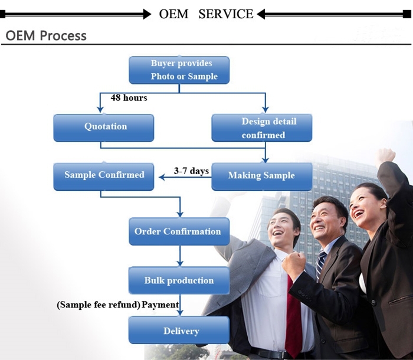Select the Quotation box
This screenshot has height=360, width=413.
pyautogui.click(x=103, y=127)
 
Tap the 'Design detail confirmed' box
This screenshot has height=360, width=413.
pyautogui.click(x=261, y=128)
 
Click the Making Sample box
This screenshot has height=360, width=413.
pyautogui.click(x=261, y=176)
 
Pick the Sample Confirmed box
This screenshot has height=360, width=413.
pyautogui.click(x=103, y=176)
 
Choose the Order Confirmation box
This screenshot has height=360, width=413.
pyautogui.click(x=179, y=231)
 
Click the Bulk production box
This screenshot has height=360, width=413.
pyautogui.click(x=179, y=280)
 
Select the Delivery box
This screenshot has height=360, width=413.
pyautogui.click(x=179, y=330)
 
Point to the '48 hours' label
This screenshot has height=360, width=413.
pyautogui.click(x=129, y=98)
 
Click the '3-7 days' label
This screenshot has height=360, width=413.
pyautogui.click(x=191, y=171)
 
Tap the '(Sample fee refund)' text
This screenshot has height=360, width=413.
pyautogui.click(x=99, y=305)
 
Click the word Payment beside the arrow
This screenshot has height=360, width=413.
pyautogui.click(x=160, y=305)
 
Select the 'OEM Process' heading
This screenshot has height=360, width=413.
pyautogui.click(x=46, y=35)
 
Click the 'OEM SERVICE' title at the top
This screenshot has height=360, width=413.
pyautogui.click(x=206, y=14)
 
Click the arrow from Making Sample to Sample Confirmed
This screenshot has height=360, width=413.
pyautogui.click(x=182, y=176)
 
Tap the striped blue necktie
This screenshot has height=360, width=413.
pyautogui.click(x=320, y=265)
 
